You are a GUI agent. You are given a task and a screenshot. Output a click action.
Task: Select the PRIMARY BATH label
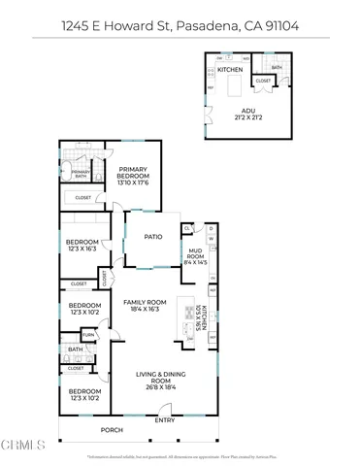[x=80, y=174]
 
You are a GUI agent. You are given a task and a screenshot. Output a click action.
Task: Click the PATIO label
[x=152, y=235]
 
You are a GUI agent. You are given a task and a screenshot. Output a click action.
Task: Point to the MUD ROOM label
[x=197, y=255]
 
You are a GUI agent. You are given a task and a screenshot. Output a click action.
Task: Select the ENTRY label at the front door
[x=165, y=419]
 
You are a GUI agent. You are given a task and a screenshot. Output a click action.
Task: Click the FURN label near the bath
[x=88, y=335]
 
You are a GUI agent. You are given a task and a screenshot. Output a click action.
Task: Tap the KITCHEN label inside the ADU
[x=230, y=71]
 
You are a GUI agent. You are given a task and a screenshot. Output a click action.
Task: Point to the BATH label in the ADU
[x=278, y=68]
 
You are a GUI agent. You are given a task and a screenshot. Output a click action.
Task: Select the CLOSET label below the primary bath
[x=83, y=197]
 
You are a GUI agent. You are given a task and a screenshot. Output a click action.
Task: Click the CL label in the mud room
[x=188, y=229]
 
